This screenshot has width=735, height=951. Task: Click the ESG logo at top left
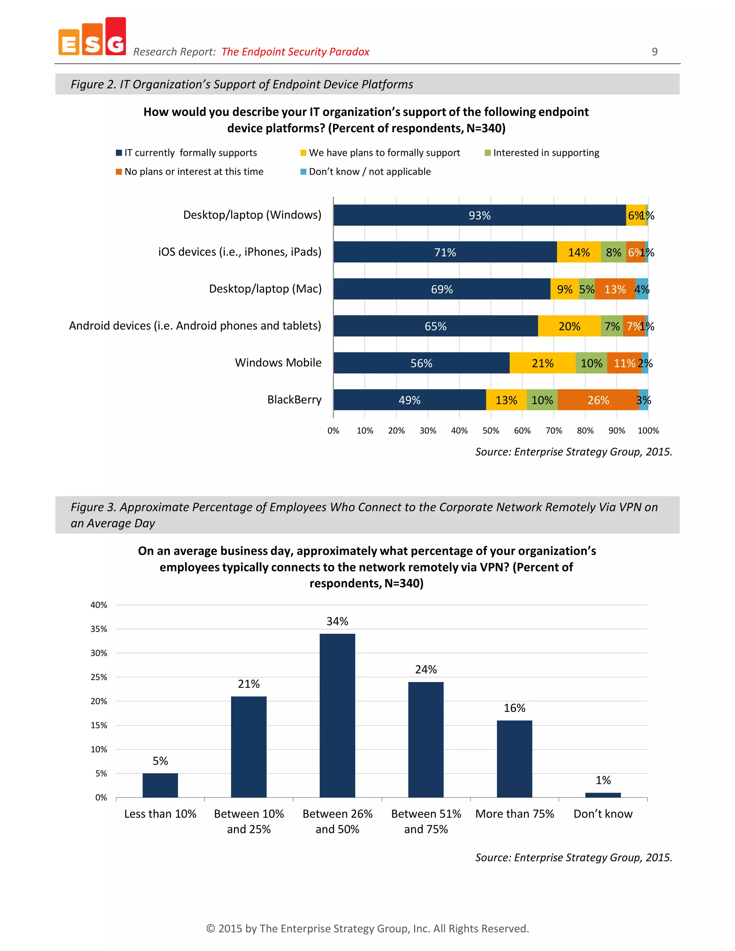pyautogui.click(x=92, y=37)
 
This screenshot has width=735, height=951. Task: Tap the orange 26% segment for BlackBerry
pyautogui.click(x=598, y=400)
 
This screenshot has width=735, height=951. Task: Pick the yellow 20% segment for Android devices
pyautogui.click(x=569, y=326)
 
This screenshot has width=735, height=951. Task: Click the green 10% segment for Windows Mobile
pyautogui.click(x=591, y=363)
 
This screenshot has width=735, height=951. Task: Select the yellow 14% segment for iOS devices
pyautogui.click(x=579, y=253)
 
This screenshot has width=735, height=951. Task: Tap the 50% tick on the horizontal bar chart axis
pyautogui.click(x=491, y=431)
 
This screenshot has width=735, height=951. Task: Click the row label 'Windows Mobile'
pyautogui.click(x=278, y=363)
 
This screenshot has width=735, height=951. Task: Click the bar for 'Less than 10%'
pyautogui.click(x=160, y=785)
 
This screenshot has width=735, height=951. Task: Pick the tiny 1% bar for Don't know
pyautogui.click(x=603, y=795)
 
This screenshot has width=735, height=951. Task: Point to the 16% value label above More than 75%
pyautogui.click(x=514, y=708)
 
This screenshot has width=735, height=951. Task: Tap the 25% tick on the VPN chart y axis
pyautogui.click(x=99, y=677)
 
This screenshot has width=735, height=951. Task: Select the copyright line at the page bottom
pyautogui.click(x=367, y=929)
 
